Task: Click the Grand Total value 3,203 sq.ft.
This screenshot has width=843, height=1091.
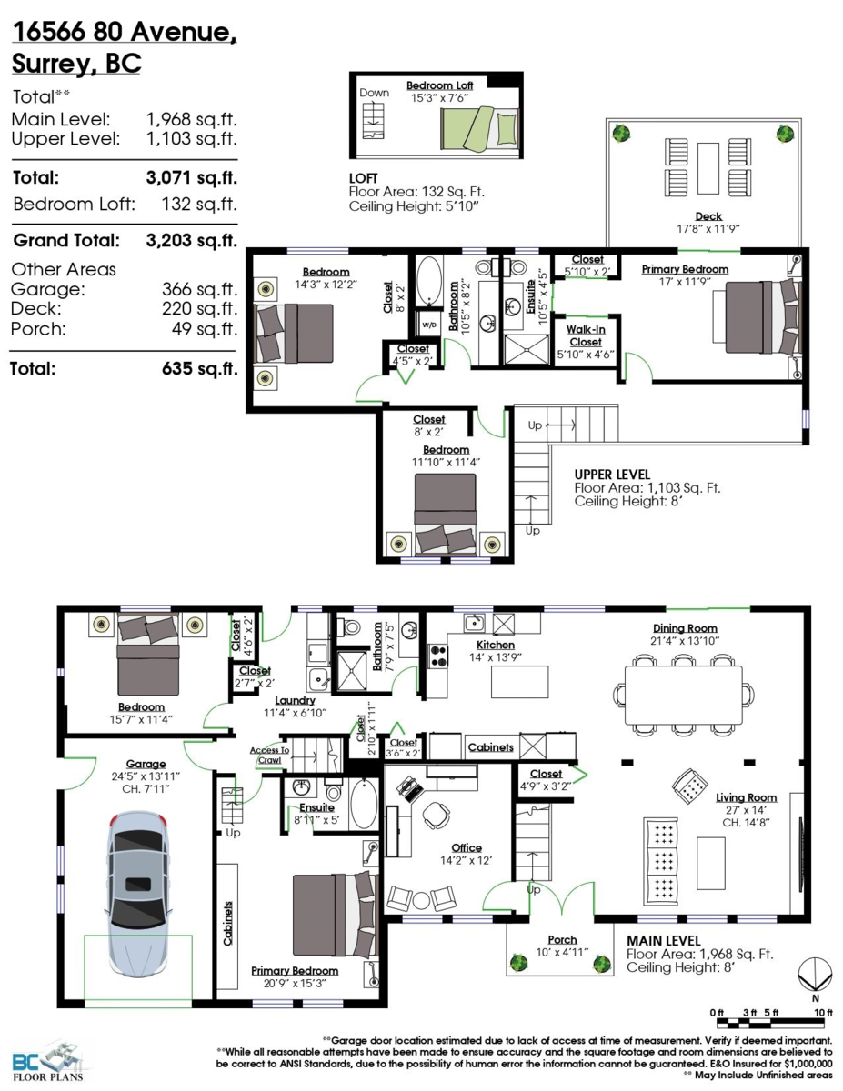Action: click(x=191, y=241)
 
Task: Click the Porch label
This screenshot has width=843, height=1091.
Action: click(x=561, y=939)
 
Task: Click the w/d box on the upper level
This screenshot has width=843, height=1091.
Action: click(x=427, y=322)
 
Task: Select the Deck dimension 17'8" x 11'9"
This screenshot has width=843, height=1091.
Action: click(x=708, y=228)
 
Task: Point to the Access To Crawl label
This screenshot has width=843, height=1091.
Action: click(x=269, y=755)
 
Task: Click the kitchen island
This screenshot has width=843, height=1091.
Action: click(x=520, y=680)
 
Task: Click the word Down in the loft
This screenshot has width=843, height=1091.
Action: click(x=374, y=93)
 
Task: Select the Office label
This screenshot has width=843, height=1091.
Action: click(x=467, y=848)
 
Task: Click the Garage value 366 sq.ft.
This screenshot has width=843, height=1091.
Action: click(x=191, y=289)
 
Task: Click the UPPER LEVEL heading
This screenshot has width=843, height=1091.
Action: click(x=611, y=475)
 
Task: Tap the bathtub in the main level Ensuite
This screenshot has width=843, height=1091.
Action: click(x=363, y=803)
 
